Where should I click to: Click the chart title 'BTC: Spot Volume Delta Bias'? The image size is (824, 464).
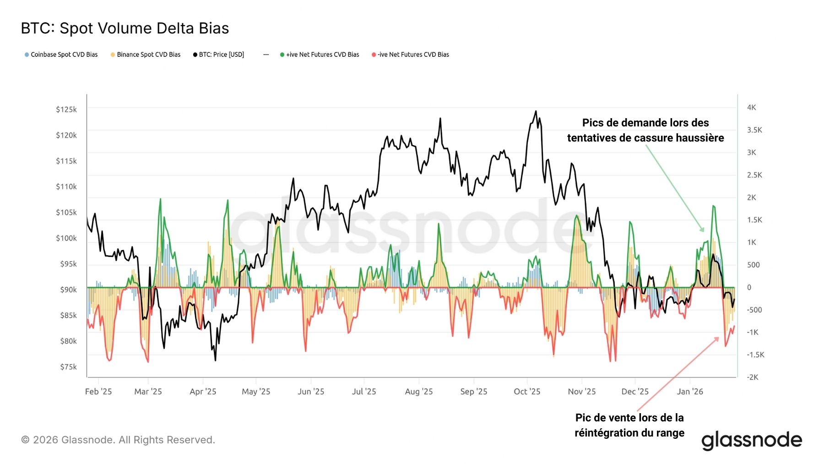(125, 28)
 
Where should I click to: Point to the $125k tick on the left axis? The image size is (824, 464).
(66, 109)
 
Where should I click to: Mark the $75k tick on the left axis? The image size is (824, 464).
(68, 367)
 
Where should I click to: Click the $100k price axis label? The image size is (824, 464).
(66, 238)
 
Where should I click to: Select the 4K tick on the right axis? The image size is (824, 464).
(751, 108)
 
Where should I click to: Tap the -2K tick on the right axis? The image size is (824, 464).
(753, 377)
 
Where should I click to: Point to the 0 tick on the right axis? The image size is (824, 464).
(749, 288)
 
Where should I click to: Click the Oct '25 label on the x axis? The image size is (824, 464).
(527, 392)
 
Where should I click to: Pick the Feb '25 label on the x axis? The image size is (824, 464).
(98, 392)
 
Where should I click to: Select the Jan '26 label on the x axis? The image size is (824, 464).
(690, 392)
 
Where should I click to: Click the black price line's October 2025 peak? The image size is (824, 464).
(536, 111)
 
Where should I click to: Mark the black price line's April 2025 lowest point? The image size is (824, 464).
(215, 360)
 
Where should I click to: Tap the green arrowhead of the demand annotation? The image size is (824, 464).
(703, 230)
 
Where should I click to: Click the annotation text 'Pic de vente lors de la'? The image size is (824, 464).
(629, 418)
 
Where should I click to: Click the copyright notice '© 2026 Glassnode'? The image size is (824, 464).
(118, 440)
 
